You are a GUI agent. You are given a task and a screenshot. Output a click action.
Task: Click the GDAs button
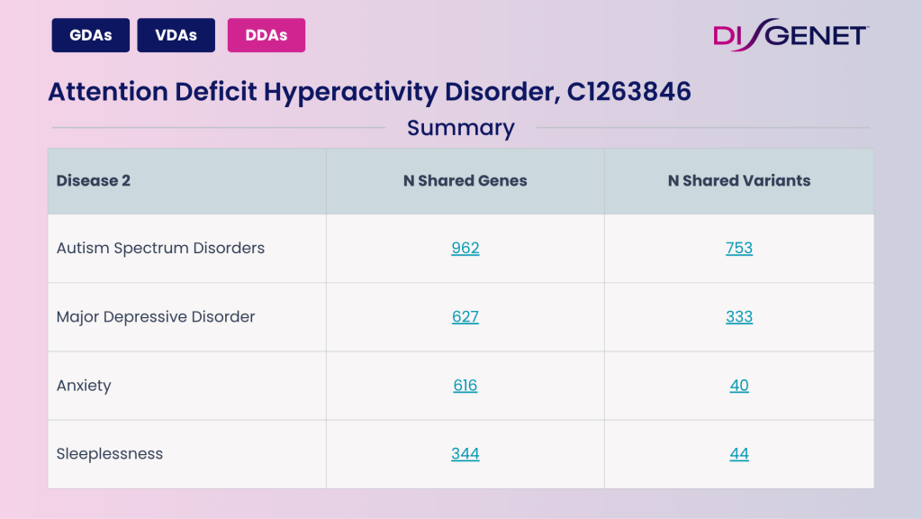pos(91,35)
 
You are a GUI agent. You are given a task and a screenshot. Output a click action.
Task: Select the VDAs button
pos(176,35)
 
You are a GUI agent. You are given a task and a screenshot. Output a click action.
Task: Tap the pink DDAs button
pos(266,35)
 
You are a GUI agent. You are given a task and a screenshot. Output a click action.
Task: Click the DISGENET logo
pos(790,35)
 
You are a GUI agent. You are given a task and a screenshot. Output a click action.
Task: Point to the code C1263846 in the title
pos(629,92)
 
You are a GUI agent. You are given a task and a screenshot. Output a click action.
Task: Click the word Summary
pos(460,128)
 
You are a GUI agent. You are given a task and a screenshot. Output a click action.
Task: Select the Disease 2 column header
pos(94,180)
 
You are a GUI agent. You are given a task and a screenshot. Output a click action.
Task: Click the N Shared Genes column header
pos(465,180)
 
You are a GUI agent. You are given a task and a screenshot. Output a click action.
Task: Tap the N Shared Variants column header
pos(738,180)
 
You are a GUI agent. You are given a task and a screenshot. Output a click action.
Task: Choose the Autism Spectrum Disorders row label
pos(160,248)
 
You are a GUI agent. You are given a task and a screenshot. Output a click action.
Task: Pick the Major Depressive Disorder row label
pos(156,316)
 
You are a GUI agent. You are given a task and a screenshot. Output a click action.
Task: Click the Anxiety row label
pos(84,386)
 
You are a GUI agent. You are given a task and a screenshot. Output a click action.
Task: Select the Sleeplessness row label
pos(110,454)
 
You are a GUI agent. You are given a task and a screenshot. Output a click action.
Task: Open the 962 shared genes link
pos(466,248)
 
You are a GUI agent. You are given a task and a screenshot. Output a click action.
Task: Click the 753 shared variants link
pos(739,248)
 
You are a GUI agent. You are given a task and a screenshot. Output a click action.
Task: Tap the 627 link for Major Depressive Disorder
pos(466,316)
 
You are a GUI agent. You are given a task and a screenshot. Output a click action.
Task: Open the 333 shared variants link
pos(739,316)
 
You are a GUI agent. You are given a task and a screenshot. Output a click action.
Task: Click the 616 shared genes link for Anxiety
pos(466,386)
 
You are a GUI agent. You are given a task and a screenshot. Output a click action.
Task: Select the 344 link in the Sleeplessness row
pos(466,454)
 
